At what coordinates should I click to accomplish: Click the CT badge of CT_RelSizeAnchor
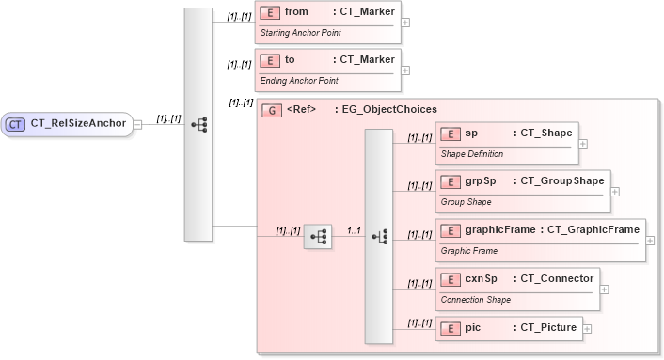(16, 123)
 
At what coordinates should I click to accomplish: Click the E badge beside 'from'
(268, 12)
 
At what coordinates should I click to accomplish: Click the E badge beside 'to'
(268, 60)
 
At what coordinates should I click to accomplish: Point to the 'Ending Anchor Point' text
(298, 81)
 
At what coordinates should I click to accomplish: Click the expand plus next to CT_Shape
(583, 144)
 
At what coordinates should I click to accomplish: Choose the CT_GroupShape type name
(561, 180)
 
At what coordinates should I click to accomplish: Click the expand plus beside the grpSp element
(615, 191)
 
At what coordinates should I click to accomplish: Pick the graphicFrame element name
(500, 229)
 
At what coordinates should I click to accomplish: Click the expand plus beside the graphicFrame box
(651, 240)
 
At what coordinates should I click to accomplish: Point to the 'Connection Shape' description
(476, 300)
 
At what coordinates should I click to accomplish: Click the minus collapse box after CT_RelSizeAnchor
(138, 123)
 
